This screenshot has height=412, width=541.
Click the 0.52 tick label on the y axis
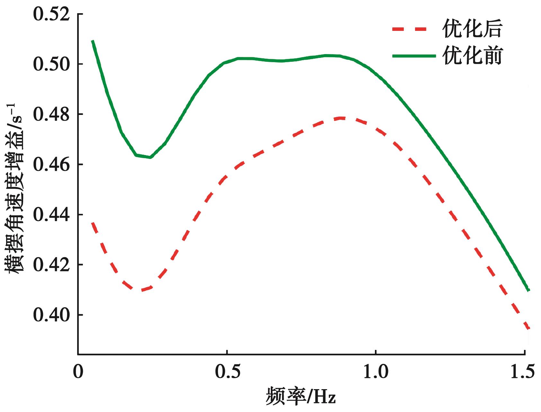[51, 15]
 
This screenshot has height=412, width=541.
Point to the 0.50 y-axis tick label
[51, 64]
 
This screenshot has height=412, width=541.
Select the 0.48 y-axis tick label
[51, 115]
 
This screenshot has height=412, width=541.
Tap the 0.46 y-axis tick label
[51, 165]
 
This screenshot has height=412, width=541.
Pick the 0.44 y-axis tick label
[51, 215]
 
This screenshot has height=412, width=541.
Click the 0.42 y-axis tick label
[51, 265]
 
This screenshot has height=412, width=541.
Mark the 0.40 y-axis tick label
[51, 315]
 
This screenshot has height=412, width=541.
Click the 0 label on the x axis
[78, 372]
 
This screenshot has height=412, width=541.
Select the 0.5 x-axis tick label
[227, 372]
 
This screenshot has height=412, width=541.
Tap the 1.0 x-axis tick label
[376, 372]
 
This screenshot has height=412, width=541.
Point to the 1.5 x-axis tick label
[522, 372]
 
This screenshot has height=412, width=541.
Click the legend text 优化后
[472, 29]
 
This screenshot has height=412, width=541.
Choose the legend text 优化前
[472, 56]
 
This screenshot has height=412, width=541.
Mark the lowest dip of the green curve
[150, 157]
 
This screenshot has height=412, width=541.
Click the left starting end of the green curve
[93, 41]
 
